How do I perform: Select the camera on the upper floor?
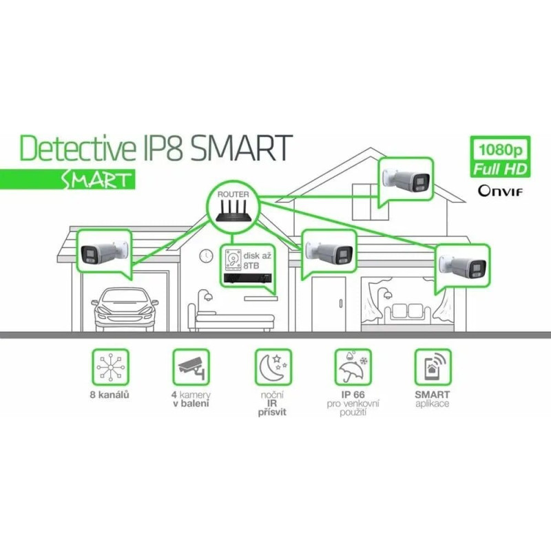406,179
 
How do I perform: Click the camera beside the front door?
329,251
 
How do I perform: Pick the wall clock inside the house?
205,256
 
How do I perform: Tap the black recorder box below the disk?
247,279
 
